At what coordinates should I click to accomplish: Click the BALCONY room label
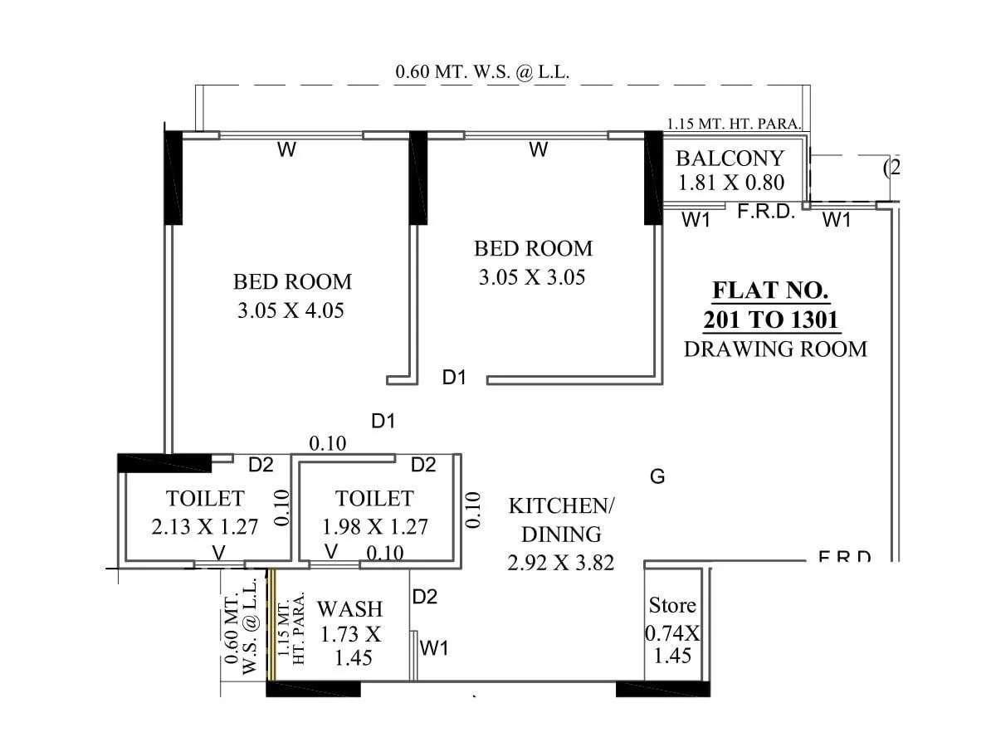[x=730, y=159]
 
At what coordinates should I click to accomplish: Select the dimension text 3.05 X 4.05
[x=290, y=311]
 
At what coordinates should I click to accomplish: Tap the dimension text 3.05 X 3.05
[x=532, y=277]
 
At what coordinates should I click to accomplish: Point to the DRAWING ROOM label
[x=775, y=349]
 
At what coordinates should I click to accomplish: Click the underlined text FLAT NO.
[x=770, y=291]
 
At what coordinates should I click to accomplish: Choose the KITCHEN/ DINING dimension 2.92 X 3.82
[x=561, y=563]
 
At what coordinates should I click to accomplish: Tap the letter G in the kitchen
[x=657, y=476]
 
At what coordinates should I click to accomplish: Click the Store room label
[x=672, y=605]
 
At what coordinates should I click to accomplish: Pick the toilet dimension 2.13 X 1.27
[x=205, y=526]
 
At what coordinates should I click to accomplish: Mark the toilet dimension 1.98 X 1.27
[x=375, y=526]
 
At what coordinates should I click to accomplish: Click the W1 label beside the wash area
[x=434, y=648]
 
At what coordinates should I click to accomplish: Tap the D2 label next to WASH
[x=424, y=597]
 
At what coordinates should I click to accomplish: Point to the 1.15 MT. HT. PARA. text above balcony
[x=734, y=124]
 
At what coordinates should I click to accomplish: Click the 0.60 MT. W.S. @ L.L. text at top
[x=482, y=72]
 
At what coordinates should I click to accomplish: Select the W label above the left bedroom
[x=286, y=150]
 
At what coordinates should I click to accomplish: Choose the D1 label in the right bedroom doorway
[x=454, y=378]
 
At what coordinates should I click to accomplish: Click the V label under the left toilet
[x=218, y=552]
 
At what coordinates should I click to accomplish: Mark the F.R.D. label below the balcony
[x=766, y=212]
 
